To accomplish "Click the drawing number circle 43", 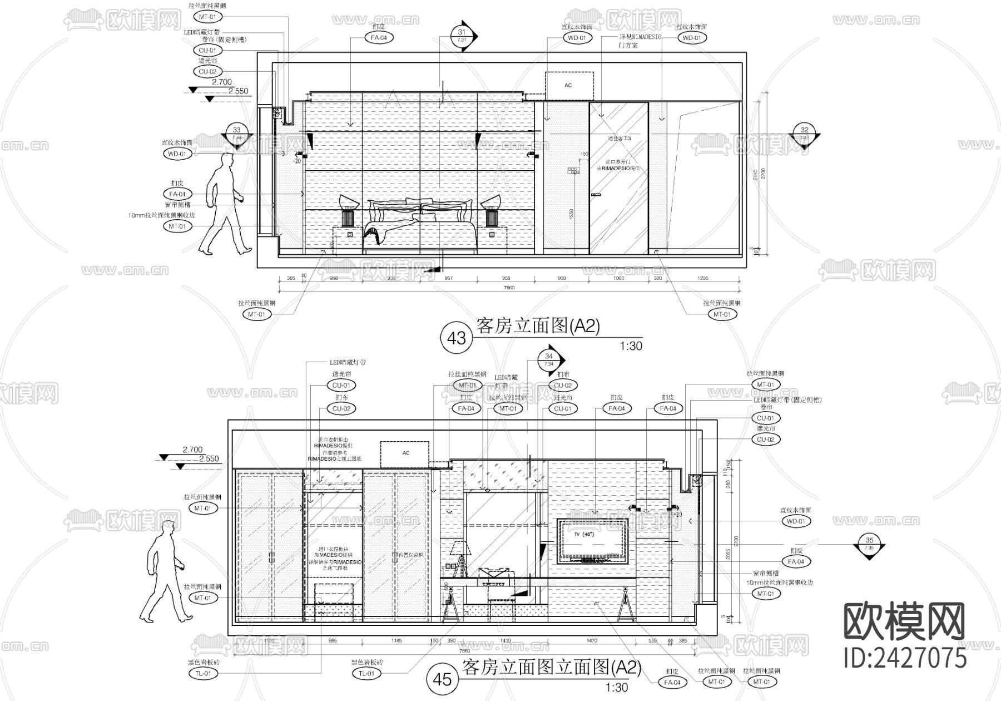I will tap(457, 338).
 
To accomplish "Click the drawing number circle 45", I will tap(442, 679).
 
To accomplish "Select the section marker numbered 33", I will tap(237, 134).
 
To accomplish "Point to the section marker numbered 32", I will tap(804, 134).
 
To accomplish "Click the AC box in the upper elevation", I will tap(568, 86).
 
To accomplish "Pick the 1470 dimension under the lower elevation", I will tap(592, 641).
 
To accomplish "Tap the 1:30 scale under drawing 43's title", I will tap(631, 346).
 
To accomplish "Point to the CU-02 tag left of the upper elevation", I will tap(207, 72).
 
